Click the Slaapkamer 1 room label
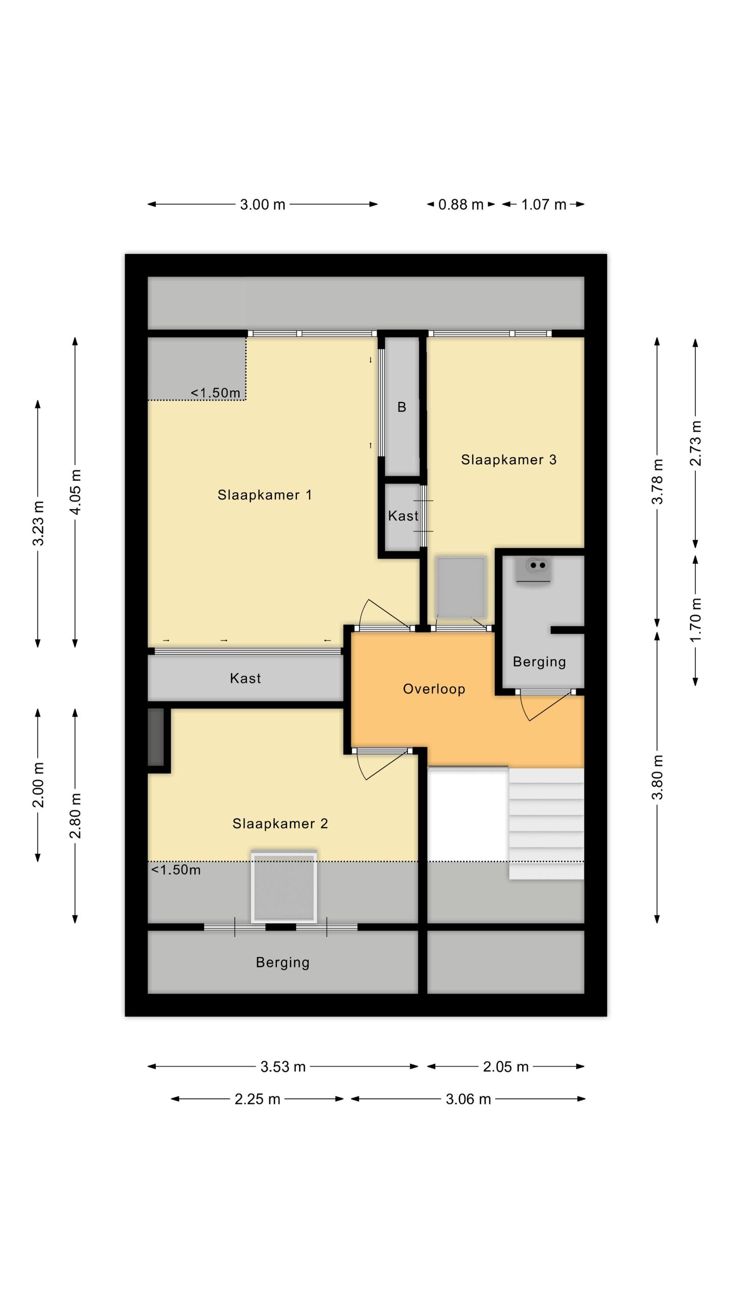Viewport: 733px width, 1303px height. click(x=265, y=495)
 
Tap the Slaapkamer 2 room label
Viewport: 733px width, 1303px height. click(x=280, y=824)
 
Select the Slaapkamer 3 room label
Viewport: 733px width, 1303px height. click(x=509, y=460)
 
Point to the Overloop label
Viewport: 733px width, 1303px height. click(x=434, y=689)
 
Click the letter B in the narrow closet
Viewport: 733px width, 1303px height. click(x=402, y=407)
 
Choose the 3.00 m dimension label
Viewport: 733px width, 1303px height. click(x=263, y=205)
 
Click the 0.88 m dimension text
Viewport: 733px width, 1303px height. click(x=461, y=205)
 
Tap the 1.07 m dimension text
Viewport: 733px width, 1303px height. click(x=544, y=205)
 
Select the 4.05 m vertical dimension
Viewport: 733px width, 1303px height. click(x=75, y=492)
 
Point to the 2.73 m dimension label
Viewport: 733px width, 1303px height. click(x=696, y=443)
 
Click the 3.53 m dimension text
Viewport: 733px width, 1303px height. click(x=283, y=1067)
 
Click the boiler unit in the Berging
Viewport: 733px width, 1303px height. click(x=533, y=571)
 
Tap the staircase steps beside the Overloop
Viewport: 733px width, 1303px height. click(x=546, y=823)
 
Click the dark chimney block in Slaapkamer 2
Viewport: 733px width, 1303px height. click(x=156, y=737)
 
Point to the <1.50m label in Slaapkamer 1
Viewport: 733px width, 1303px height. click(x=215, y=393)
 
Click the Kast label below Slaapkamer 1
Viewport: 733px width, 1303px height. click(x=245, y=678)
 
